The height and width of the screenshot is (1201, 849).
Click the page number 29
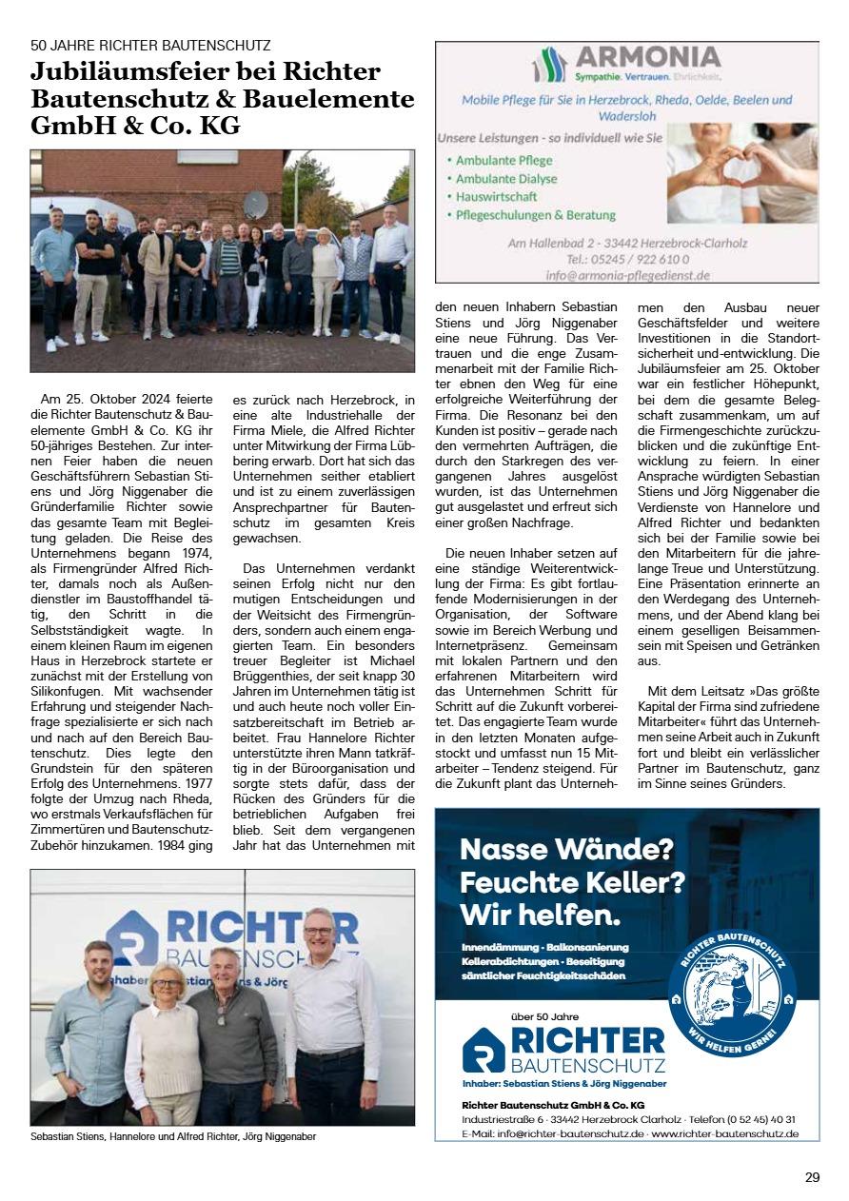pyautogui.click(x=812, y=1177)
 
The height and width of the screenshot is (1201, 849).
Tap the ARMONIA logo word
pyautogui.click(x=646, y=57)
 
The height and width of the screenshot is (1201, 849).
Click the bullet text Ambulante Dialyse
pyautogui.click(x=506, y=179)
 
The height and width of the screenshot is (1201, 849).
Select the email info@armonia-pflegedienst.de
pyautogui.click(x=627, y=275)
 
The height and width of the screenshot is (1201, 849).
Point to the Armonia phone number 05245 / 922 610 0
pyautogui.click(x=628, y=259)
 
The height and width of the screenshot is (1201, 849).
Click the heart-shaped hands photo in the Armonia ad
pyautogui.click(x=742, y=173)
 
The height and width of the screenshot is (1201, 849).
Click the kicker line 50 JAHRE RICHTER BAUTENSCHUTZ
pyautogui.click(x=150, y=45)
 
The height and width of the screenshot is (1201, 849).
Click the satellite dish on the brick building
pyautogui.click(x=255, y=203)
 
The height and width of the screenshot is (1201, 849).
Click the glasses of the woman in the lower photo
pyautogui.click(x=168, y=982)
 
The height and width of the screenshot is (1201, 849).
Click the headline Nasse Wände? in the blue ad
pyautogui.click(x=566, y=849)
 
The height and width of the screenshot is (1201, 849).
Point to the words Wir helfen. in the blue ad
pyautogui.click(x=540, y=916)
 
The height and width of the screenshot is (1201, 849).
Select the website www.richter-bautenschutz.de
pyautogui.click(x=724, y=1134)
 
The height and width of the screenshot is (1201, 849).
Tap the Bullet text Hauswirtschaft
pyautogui.click(x=496, y=197)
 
